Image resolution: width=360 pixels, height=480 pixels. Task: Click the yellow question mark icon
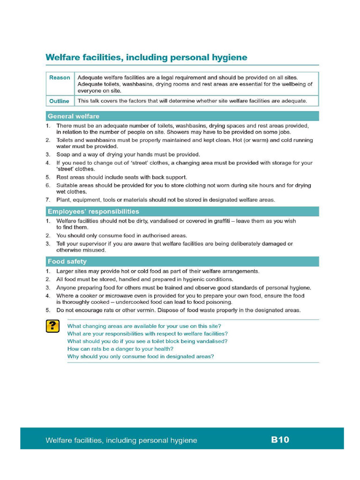click(52, 326)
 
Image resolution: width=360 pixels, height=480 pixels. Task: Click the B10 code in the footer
click(280, 440)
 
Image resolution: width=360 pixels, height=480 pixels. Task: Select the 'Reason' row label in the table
click(60, 78)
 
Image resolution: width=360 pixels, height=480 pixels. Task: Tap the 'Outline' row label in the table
click(59, 101)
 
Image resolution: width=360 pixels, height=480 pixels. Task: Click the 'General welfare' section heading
click(74, 116)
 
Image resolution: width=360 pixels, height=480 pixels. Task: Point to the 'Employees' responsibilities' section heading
click(93, 211)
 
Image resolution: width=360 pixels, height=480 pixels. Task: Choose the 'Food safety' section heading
click(67, 262)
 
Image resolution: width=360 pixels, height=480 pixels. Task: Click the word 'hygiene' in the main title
click(227, 58)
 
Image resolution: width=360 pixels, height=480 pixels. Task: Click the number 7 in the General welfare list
click(47, 200)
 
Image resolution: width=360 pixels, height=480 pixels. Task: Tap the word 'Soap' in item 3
click(63, 154)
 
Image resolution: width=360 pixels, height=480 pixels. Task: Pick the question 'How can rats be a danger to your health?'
click(120, 349)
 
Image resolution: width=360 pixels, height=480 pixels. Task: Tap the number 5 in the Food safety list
click(47, 310)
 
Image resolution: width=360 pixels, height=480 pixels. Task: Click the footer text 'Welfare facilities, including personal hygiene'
click(121, 440)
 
